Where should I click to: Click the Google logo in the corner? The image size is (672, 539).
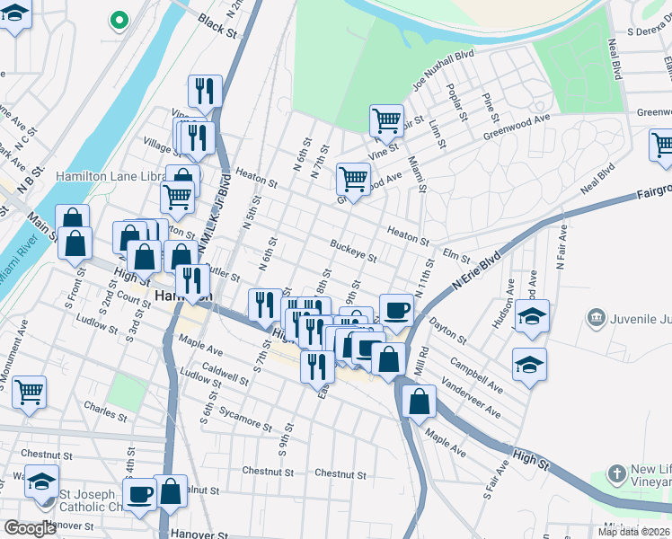coord(31,528)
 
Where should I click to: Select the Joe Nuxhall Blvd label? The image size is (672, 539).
coord(442,69)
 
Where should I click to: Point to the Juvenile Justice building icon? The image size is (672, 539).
coord(596,318)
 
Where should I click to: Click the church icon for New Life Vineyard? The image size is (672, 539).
coord(616,473)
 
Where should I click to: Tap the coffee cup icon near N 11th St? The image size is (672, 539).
coord(396,311)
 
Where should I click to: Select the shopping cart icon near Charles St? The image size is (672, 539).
coord(29,391)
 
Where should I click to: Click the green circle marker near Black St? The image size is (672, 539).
coord(117,20)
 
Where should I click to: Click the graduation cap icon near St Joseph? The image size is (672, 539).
coord(41,482)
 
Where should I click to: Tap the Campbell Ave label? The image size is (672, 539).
coord(473,372)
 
